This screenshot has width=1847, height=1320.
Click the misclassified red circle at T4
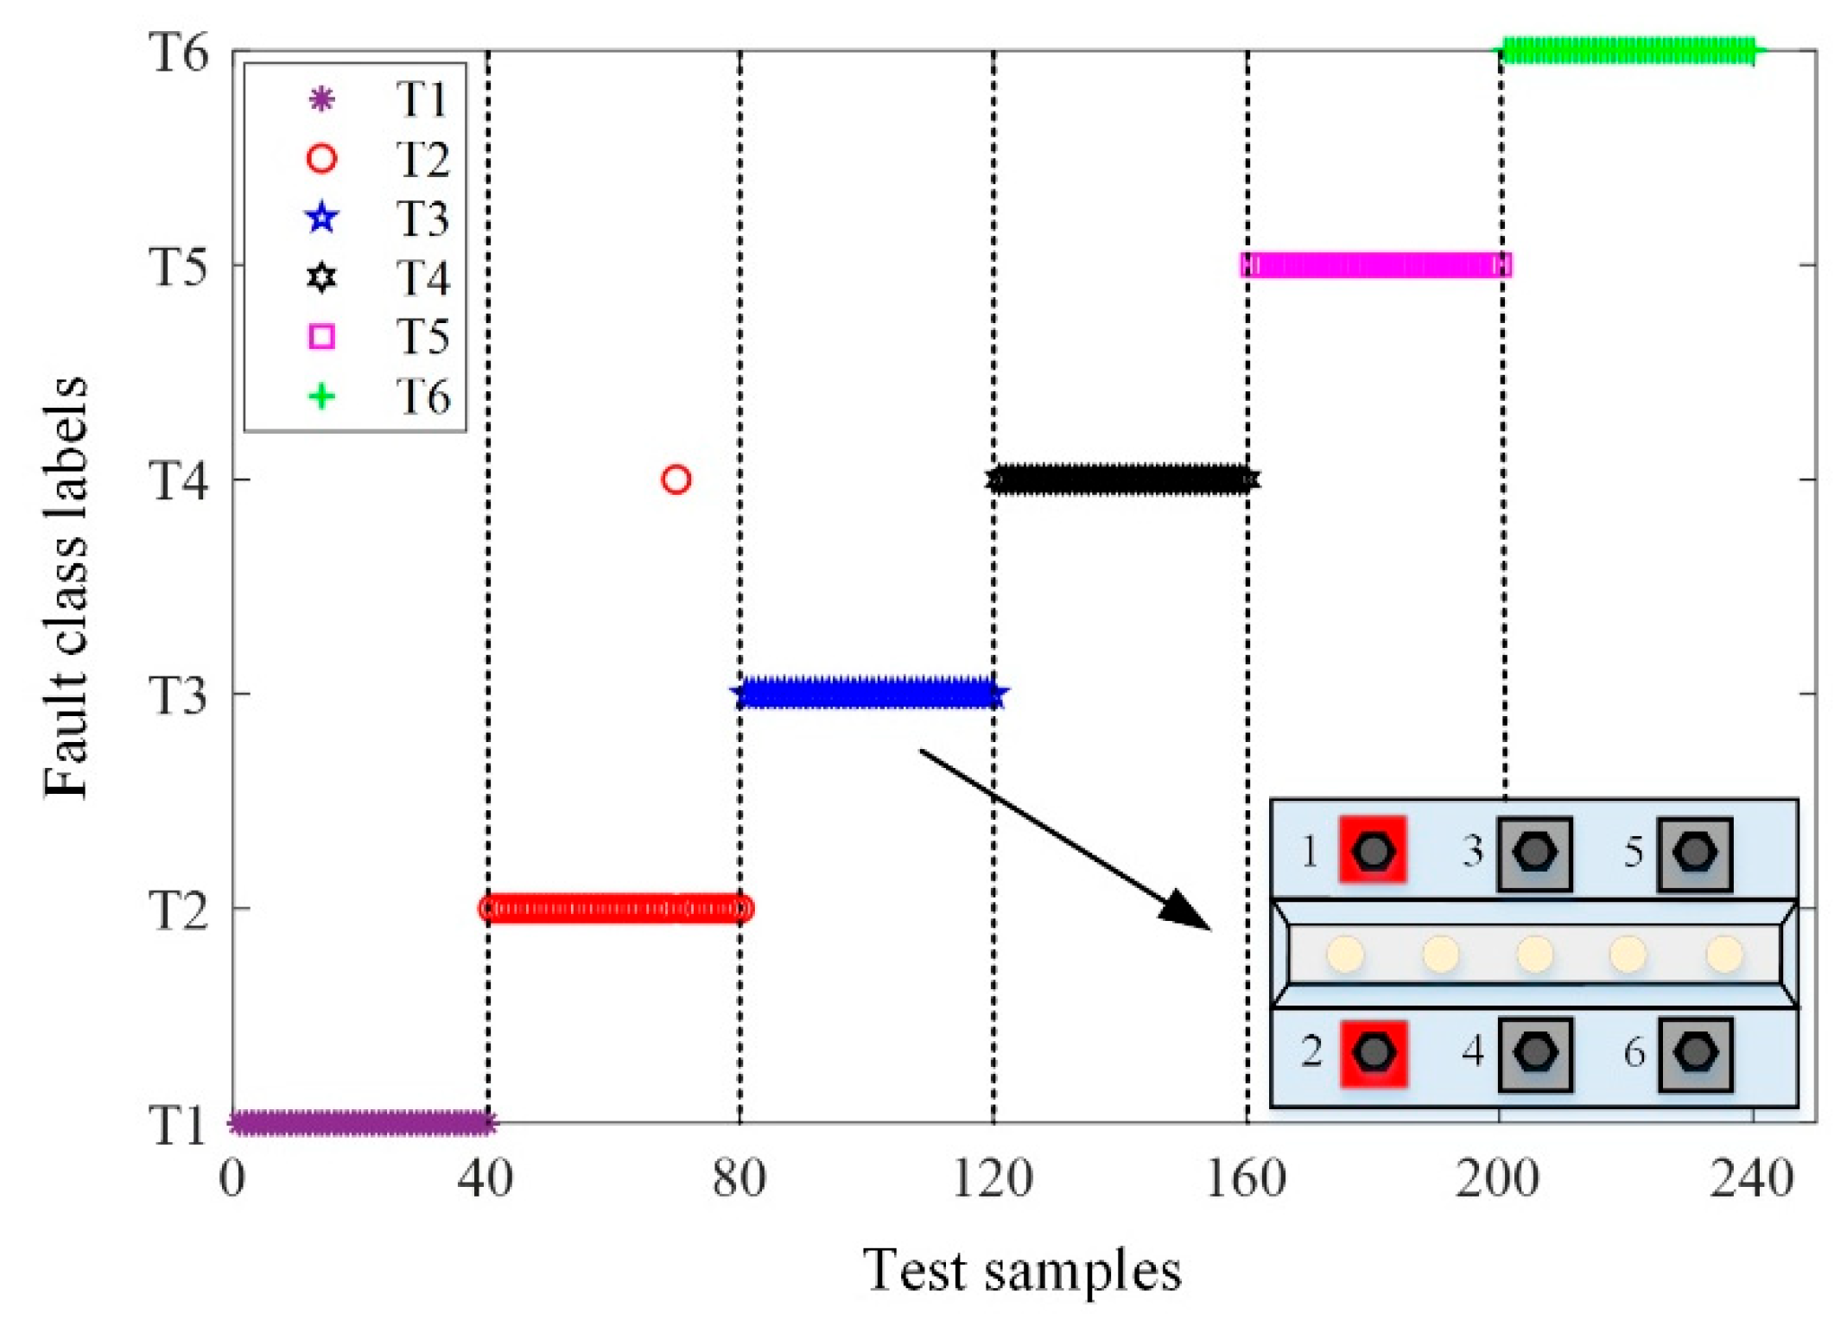[x=676, y=479]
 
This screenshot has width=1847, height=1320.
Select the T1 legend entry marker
[x=322, y=99]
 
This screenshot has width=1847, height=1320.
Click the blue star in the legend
[x=322, y=218]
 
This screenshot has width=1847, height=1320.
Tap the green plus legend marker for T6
[x=322, y=397]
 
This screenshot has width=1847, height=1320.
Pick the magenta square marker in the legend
[x=322, y=336]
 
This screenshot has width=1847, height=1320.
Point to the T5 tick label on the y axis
[x=179, y=266]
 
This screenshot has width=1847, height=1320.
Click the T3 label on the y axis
[x=179, y=695]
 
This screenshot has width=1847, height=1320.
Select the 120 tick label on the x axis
[x=993, y=1178]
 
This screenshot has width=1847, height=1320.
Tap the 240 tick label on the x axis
[x=1752, y=1178]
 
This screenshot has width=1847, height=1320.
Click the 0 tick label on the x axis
[x=232, y=1178]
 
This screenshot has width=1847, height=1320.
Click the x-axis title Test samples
[x=1022, y=1271]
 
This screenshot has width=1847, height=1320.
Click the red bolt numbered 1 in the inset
[x=1373, y=850]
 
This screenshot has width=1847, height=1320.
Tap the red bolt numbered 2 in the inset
[x=1374, y=1052]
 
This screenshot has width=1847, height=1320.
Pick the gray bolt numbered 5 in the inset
[x=1694, y=852]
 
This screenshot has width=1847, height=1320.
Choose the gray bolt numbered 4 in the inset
[x=1535, y=1053]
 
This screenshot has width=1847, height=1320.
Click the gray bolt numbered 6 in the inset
[x=1695, y=1053]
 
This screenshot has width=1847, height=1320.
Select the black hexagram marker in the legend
[x=322, y=277]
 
